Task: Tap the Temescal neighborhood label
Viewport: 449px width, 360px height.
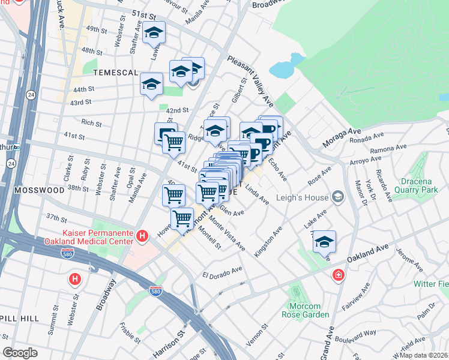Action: (116, 72)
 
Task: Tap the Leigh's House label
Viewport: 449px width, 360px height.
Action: (302, 197)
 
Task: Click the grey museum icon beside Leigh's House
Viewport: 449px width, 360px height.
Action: (337, 197)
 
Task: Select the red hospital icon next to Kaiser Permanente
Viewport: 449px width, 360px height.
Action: (143, 235)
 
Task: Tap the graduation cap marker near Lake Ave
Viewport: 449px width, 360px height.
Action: (324, 241)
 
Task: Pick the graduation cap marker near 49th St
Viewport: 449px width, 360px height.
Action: (154, 33)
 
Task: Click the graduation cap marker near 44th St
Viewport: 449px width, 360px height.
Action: (151, 84)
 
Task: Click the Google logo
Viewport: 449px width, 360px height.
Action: (20, 353)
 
